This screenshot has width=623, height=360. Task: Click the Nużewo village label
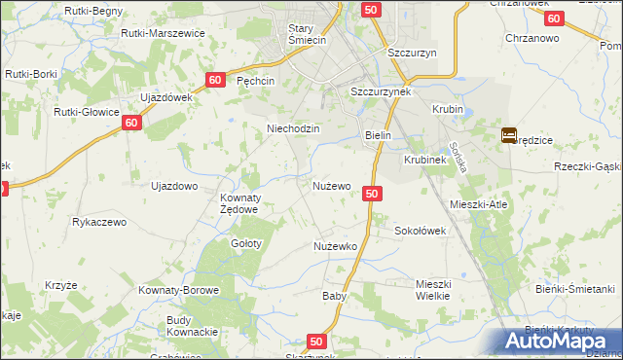331,185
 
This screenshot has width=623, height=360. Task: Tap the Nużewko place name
335,246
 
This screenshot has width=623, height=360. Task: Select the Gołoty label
245,243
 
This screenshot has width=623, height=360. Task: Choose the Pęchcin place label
256,82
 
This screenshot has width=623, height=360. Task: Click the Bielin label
378,136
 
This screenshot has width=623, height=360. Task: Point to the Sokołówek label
419,232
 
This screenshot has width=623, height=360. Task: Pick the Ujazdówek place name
167,97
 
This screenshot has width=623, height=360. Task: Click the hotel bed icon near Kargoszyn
509,136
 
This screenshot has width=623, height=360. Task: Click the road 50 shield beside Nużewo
371,194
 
